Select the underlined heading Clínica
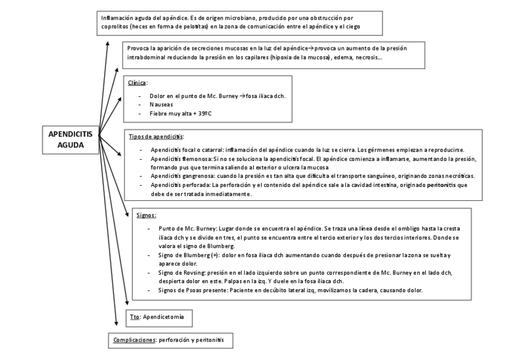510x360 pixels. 138,82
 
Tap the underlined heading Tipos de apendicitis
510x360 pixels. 156,136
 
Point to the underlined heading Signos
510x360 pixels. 147,215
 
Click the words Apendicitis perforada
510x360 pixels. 176,185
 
